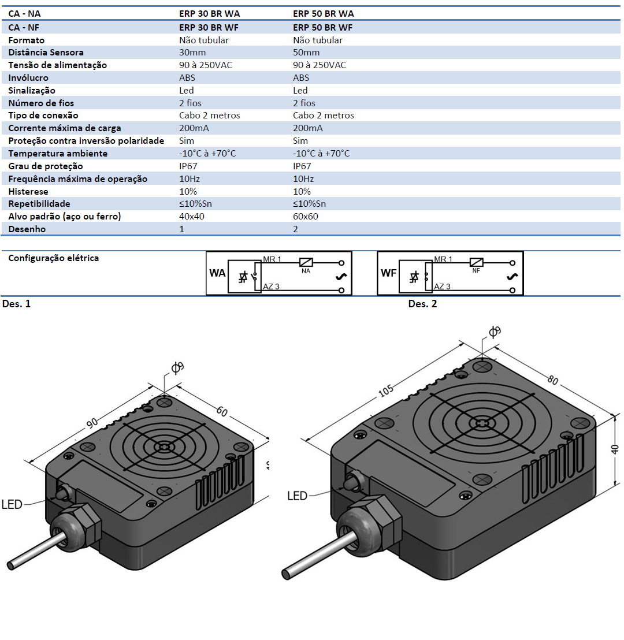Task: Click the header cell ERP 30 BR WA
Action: [x=209, y=14]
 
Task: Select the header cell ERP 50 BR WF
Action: [x=323, y=27]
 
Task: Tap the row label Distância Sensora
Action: [x=46, y=53]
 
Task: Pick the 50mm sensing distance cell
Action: [x=306, y=53]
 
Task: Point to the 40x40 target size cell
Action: [x=192, y=217]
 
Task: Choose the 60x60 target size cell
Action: [x=306, y=217]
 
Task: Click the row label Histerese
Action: [x=28, y=192]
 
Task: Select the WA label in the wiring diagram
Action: [x=217, y=273]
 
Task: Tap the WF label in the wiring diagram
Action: [x=389, y=273]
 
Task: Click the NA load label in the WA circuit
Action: [x=305, y=270]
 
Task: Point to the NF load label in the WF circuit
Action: [x=476, y=270]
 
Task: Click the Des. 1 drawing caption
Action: [x=17, y=304]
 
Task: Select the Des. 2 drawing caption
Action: [x=422, y=304]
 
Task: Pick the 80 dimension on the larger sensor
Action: [x=553, y=381]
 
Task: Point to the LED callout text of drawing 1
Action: [x=12, y=505]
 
